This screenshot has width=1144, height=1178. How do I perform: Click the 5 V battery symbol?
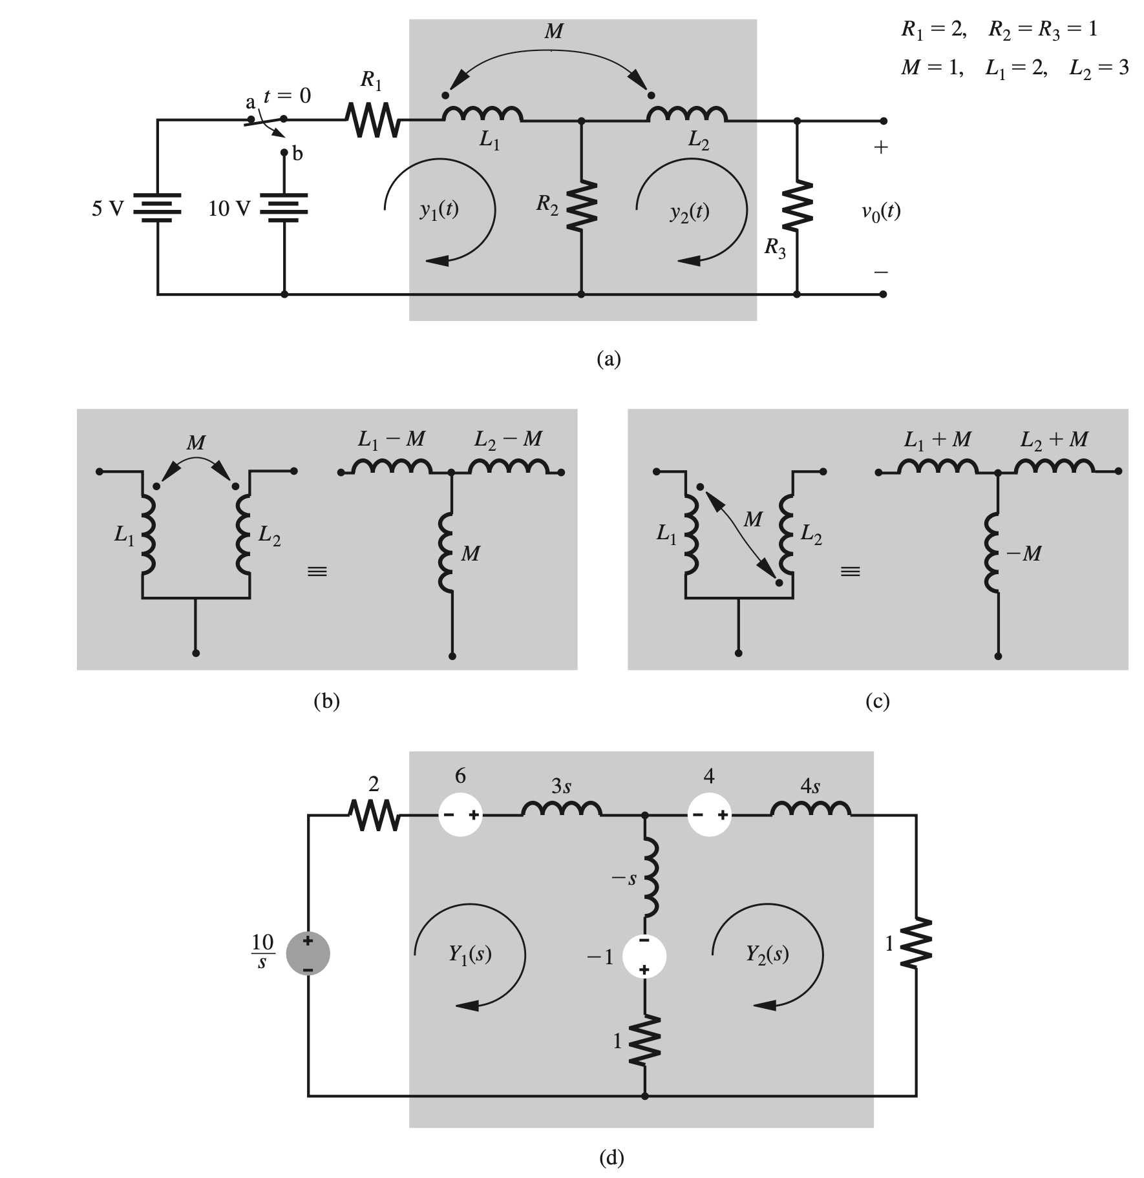(157, 207)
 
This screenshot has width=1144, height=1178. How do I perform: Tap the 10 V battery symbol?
(284, 207)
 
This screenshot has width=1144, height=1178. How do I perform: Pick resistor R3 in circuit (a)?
(796, 206)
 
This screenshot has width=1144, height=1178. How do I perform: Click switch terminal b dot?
(284, 153)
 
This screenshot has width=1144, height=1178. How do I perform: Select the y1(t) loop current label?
(439, 211)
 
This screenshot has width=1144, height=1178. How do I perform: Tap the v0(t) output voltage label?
(880, 211)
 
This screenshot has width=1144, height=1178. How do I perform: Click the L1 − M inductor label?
(392, 439)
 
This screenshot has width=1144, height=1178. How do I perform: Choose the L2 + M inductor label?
(1054, 439)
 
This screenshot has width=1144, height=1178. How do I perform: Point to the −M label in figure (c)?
(1023, 553)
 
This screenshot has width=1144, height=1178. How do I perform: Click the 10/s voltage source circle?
(308, 953)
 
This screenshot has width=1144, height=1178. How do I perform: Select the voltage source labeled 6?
(460, 814)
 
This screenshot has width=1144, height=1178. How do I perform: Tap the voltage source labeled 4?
(709, 814)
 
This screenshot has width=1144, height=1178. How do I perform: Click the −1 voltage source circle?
(644, 956)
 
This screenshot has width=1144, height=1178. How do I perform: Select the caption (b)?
(326, 701)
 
